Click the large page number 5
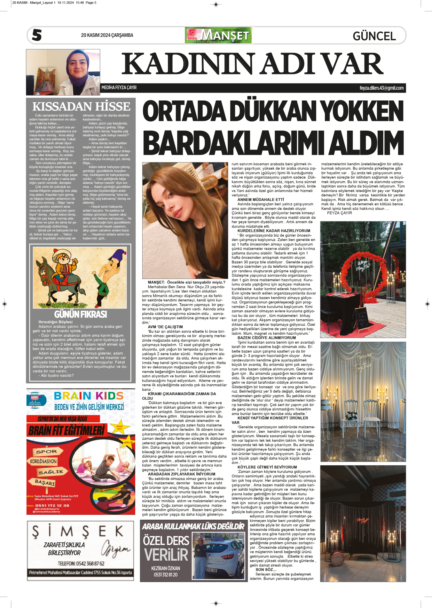[37, 35]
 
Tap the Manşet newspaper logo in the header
[218, 35]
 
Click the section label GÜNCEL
[374, 36]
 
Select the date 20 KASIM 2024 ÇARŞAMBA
[107, 35]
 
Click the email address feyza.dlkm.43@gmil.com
[381, 88]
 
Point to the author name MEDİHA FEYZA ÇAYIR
[119, 88]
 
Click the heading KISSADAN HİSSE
[81, 106]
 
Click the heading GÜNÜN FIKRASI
[80, 314]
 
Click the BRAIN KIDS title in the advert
[89, 396]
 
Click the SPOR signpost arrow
[47, 451]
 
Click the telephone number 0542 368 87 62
[81, 564]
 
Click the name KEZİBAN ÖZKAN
[165, 568]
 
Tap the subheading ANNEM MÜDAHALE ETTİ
[261, 199]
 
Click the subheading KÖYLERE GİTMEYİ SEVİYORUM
[267, 467]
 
